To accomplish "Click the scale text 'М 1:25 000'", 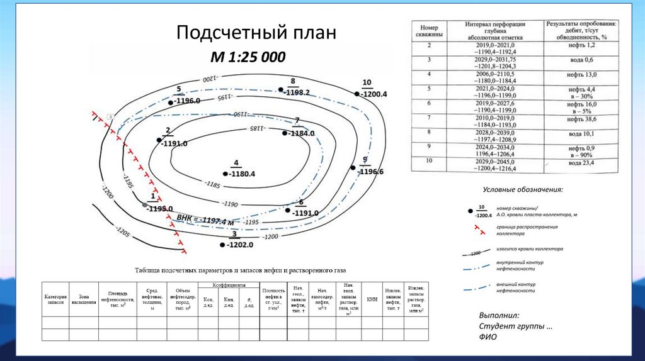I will click(248, 57).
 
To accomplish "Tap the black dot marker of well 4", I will click(225, 174).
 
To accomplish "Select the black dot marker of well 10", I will click(357, 94).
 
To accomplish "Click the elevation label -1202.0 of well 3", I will click(242, 245).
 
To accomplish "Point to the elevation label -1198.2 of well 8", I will click(297, 92).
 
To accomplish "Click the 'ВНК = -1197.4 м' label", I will click(205, 219).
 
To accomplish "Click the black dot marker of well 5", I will click(170, 101).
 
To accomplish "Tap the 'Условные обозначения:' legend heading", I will click(522, 189).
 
